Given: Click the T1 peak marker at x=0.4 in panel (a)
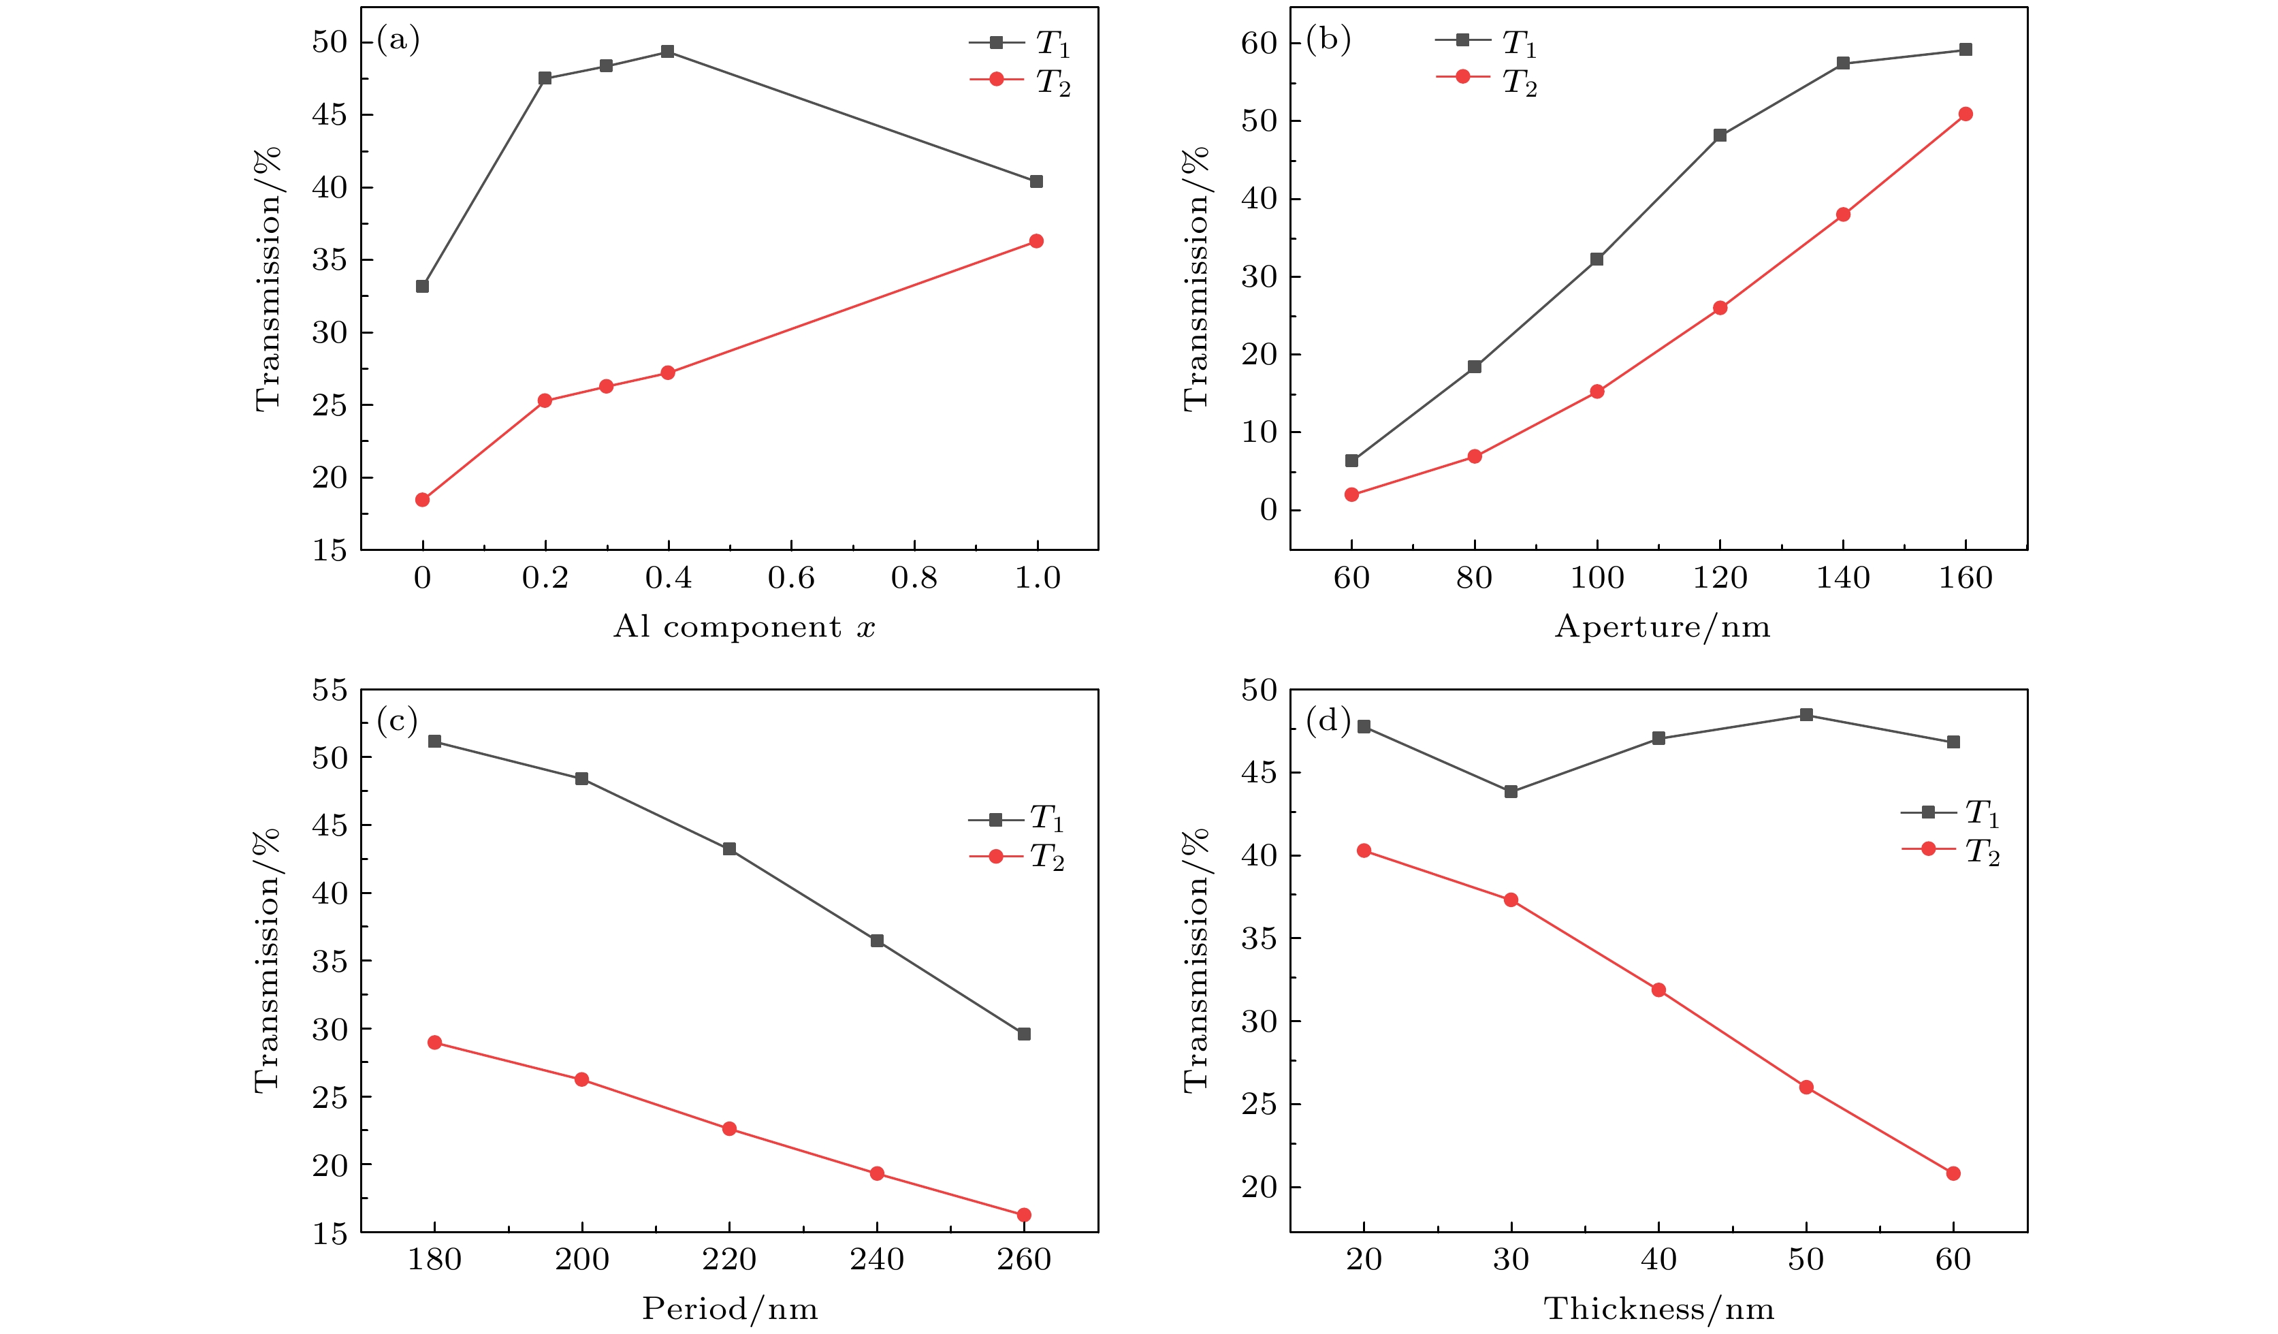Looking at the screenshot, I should [x=667, y=52].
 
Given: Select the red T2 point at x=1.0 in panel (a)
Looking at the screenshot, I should [x=1036, y=240].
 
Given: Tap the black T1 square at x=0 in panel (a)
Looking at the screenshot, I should [x=422, y=286].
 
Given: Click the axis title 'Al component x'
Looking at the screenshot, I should [x=744, y=626].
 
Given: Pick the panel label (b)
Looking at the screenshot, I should [x=1328, y=39].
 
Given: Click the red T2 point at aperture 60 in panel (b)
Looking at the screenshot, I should [x=1351, y=494].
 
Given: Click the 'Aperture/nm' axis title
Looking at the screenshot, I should [x=1661, y=626].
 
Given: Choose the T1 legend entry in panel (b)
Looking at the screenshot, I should [x=1486, y=42].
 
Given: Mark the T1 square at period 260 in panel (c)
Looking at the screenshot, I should [x=1024, y=1034].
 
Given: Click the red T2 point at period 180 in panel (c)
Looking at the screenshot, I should [x=435, y=1043].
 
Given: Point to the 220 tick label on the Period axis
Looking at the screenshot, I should [x=728, y=1260].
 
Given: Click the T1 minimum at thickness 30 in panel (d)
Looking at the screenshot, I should [x=1511, y=792].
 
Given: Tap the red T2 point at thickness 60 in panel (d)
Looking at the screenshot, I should [x=1953, y=1174].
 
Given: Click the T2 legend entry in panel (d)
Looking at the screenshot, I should [x=1952, y=850].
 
